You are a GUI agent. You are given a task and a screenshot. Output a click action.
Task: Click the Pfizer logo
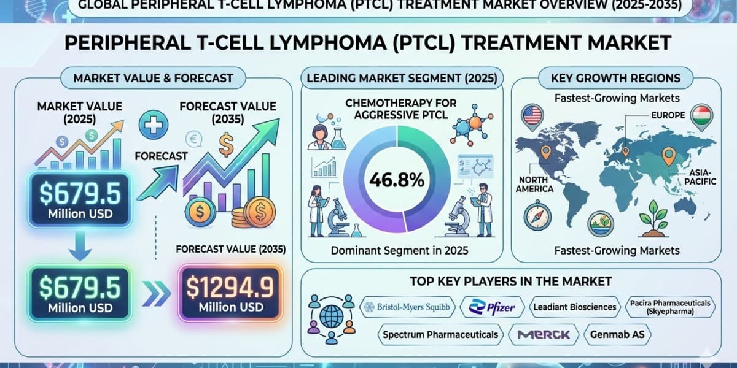pos(492,307)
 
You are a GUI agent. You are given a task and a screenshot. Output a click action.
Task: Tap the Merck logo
pos(543,334)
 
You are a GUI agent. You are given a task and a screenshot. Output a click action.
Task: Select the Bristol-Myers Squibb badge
pos(407,307)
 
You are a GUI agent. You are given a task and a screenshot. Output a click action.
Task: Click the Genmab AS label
pos(617,334)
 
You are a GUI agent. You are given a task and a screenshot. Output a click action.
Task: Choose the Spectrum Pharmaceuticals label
pos(440,334)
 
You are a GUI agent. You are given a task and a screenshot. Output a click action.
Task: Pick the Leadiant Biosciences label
pos(574,307)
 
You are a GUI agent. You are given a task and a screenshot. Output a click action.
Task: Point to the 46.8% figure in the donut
pos(397,180)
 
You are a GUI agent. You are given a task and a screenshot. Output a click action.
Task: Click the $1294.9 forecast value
pos(230,286)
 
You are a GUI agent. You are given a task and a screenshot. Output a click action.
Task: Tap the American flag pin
pos(532,117)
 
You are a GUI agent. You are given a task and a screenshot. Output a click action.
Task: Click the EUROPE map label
pos(668,115)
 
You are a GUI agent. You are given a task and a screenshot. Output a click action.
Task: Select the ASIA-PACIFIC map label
pos(700,177)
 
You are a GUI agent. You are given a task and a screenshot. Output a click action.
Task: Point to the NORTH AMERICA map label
pos(534,185)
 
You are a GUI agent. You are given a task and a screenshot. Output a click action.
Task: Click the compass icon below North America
pos(537,216)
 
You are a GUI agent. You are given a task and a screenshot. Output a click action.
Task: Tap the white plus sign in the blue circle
pos(154,125)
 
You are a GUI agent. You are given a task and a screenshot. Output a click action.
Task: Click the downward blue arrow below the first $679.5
pos(80,245)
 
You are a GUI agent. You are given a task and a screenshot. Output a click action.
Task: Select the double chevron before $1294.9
pos(157,293)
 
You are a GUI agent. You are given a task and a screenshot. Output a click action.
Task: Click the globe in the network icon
pos(331,316)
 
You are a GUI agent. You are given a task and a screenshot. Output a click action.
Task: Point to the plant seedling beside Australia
pos(653,219)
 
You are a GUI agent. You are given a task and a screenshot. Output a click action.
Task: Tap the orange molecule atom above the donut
pos(475,122)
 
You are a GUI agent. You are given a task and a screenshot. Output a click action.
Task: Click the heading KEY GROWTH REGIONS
pos(615,78)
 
